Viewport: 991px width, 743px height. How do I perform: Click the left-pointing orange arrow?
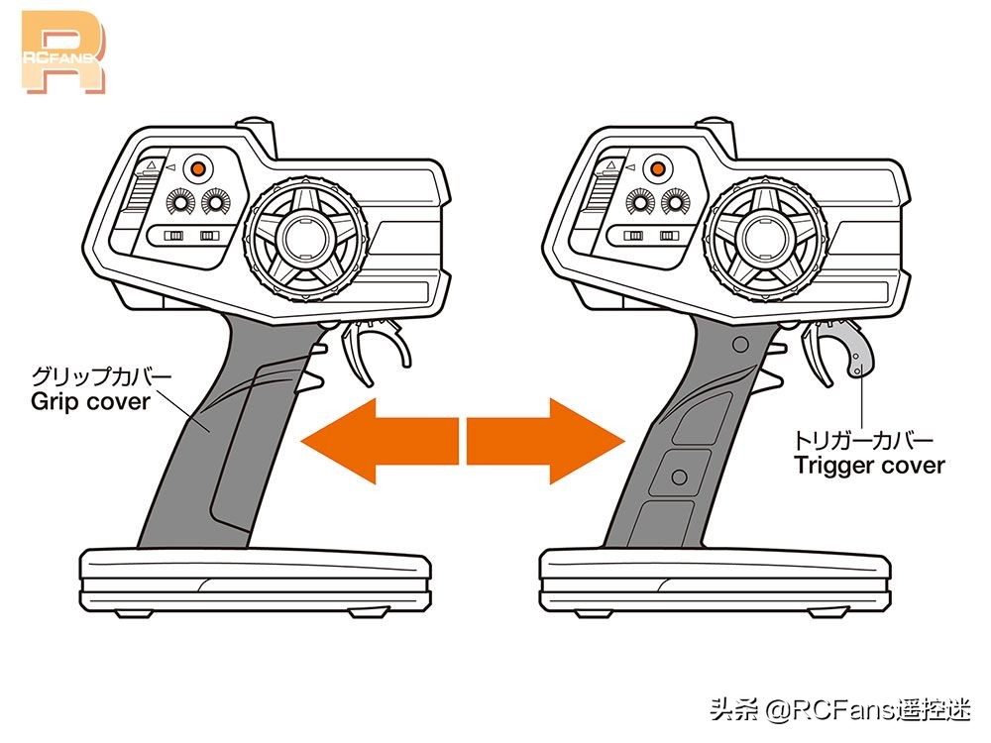[x=380, y=441]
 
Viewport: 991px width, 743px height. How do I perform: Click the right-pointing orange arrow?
[x=546, y=441]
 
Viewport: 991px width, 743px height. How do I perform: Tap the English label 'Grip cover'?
[x=90, y=402]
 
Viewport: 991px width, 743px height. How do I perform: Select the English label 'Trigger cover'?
[x=869, y=466]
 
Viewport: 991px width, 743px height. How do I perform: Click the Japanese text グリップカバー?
[x=101, y=375]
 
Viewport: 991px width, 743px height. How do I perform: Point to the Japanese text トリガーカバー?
[x=863, y=440]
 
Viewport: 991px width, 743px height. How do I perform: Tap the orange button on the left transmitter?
[x=198, y=168]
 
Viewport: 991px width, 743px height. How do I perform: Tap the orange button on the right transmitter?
[x=658, y=168]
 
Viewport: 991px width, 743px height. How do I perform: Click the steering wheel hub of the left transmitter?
[x=305, y=238]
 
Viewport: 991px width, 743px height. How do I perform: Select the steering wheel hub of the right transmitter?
[x=765, y=238]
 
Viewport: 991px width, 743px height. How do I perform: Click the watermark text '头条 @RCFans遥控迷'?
[x=840, y=709]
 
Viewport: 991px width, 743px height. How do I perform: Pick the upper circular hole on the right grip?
[x=739, y=345]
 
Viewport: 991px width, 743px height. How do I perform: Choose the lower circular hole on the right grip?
[x=680, y=478]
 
